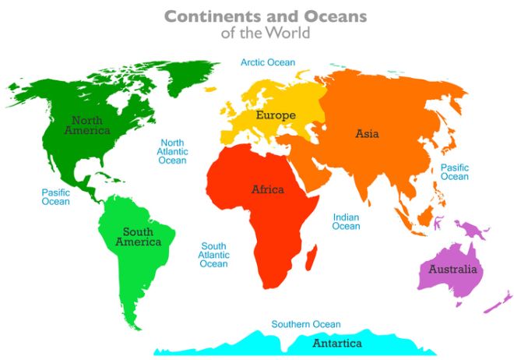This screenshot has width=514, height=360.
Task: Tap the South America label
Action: pos(138,237)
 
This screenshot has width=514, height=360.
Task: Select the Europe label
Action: pos(276,116)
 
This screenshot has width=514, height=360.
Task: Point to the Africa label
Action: pos(267,189)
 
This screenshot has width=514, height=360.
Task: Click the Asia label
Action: pos(367,133)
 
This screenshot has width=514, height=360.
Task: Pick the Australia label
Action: pos(452,270)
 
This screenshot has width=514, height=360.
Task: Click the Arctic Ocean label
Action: pos(268,62)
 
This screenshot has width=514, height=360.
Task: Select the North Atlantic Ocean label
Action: pos(172,151)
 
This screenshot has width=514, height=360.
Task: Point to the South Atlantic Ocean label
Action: pos(213,255)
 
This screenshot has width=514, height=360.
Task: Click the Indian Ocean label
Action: pos(347,222)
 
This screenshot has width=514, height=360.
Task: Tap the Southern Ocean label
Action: pos(306,324)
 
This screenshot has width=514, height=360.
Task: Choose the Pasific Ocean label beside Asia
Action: pos(454,172)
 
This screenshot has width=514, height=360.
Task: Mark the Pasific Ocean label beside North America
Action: pos(55,196)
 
